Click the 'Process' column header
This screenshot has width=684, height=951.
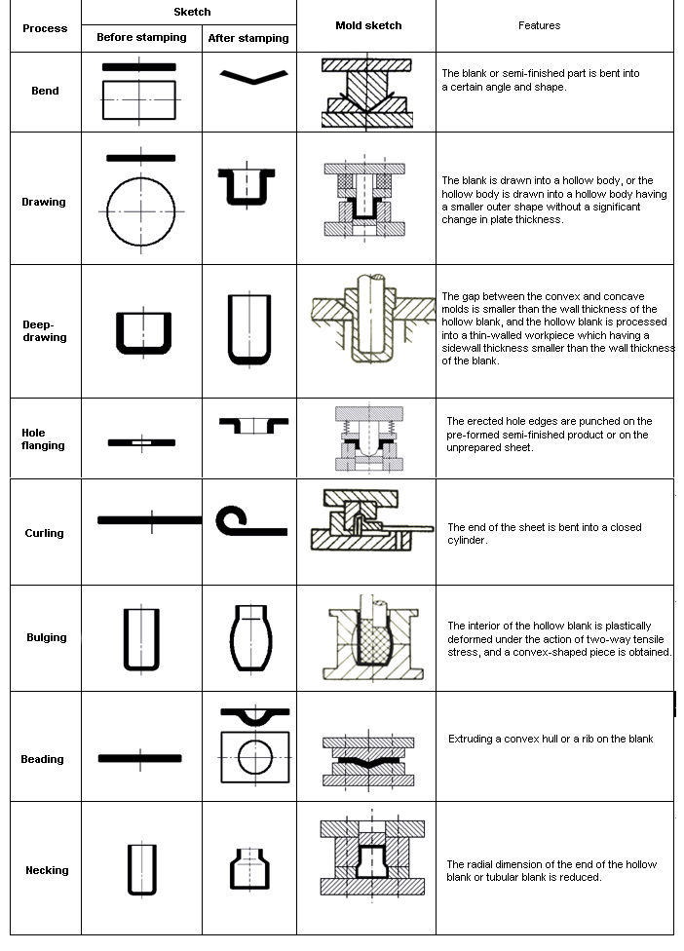coord(45,28)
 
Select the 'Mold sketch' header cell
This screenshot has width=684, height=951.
coord(367,25)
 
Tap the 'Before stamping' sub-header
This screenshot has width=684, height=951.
coord(141,38)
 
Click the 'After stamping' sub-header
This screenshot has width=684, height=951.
coord(248,38)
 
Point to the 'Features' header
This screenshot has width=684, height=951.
coord(539,25)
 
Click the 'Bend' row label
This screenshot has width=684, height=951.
coord(45,91)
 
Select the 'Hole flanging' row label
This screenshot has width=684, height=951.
coord(43,438)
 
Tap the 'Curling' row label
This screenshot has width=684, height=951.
coord(45,533)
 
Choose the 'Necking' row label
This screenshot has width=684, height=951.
coord(47,870)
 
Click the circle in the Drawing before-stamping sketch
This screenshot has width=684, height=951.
coord(142,211)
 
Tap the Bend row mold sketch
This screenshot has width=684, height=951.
coord(367,93)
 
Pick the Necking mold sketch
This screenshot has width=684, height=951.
coord(371,856)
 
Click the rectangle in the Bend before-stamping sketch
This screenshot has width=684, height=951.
coord(139,99)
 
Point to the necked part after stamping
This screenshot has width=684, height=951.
coord(249,867)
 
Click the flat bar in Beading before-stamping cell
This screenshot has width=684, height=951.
coord(140,757)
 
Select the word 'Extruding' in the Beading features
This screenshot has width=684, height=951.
coord(471,739)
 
